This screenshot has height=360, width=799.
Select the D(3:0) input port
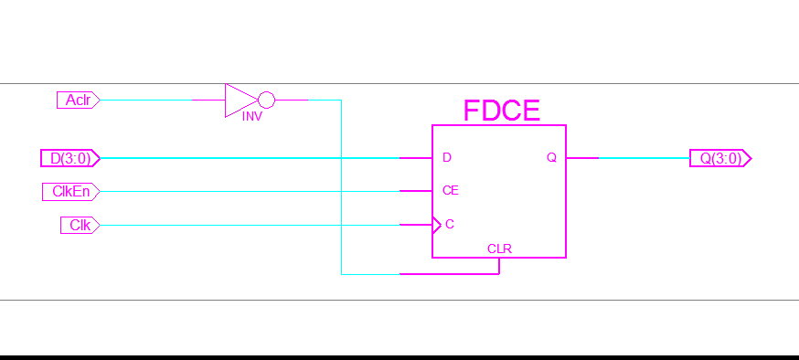pos(69,158)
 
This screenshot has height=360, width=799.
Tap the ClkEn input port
pos(70,191)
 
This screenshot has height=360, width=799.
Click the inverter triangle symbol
pos(240,100)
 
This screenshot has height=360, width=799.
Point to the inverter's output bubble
pos(266,100)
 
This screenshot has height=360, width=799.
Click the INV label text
pos(252,118)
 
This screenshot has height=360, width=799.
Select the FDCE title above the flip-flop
pos(501,111)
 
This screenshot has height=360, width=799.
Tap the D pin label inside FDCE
pos(447,158)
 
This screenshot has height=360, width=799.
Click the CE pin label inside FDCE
pos(450,191)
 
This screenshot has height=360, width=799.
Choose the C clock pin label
pos(449,224)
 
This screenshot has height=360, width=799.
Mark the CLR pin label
pos(499,249)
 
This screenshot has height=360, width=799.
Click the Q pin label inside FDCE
pos(551,158)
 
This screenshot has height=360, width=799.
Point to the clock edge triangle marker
pos(436,224)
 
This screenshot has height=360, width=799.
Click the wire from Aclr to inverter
pos(160,100)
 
